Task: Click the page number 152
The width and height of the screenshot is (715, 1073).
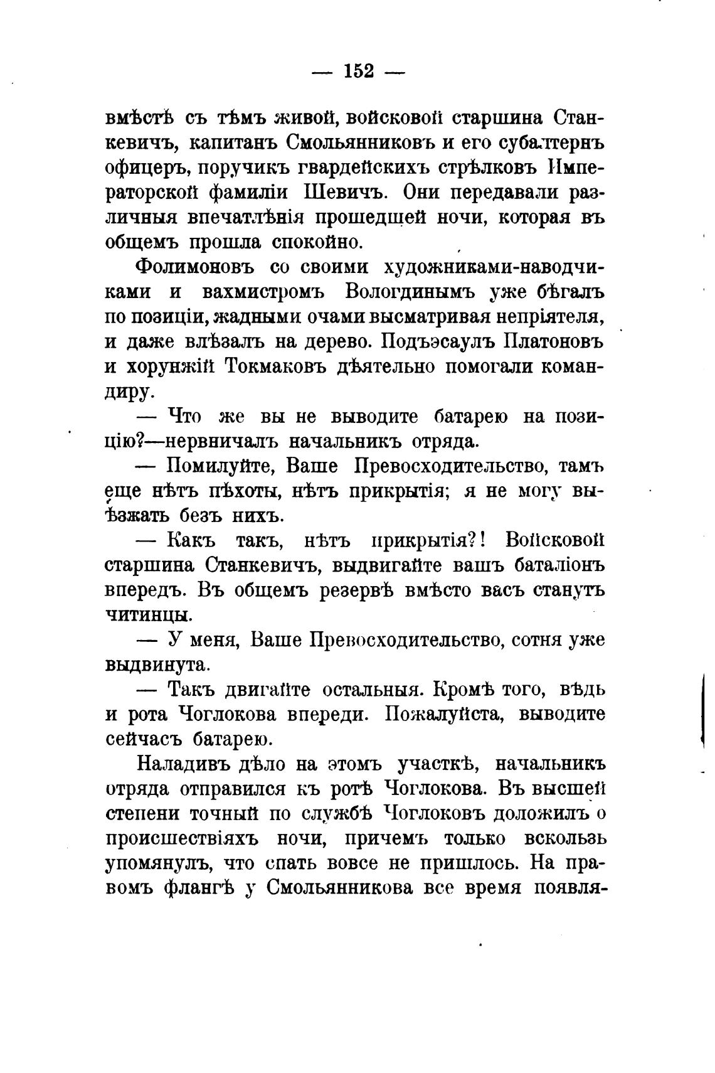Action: point(359,72)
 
